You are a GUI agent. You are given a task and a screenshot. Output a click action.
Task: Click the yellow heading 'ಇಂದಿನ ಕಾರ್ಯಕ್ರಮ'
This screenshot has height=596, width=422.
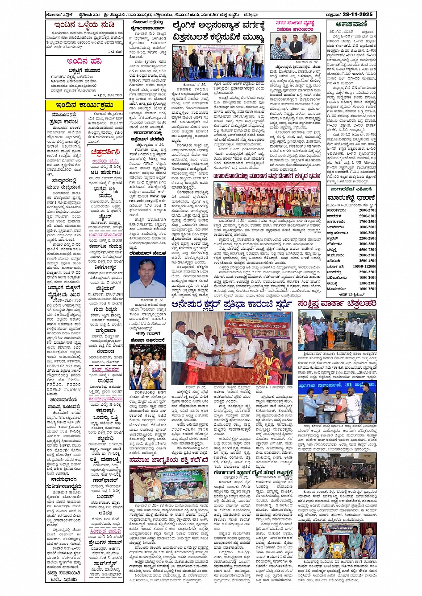point(84,105)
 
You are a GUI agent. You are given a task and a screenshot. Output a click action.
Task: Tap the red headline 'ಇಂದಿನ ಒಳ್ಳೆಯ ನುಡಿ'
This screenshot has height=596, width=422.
point(84,25)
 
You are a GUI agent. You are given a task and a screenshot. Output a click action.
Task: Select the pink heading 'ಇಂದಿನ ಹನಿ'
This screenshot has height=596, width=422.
point(84,61)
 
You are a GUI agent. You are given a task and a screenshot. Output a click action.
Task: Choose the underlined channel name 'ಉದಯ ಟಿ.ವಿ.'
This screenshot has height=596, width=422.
point(105,161)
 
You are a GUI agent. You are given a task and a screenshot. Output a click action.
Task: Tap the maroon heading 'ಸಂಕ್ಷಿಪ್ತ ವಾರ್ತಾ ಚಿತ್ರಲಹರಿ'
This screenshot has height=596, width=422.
point(337,304)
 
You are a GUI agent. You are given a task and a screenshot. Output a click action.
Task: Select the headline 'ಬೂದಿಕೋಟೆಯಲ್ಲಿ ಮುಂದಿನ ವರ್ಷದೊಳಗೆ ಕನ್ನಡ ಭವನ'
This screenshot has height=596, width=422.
point(267,176)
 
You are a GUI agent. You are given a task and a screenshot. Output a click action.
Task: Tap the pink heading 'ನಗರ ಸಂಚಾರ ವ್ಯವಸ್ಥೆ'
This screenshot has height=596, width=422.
point(295,23)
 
